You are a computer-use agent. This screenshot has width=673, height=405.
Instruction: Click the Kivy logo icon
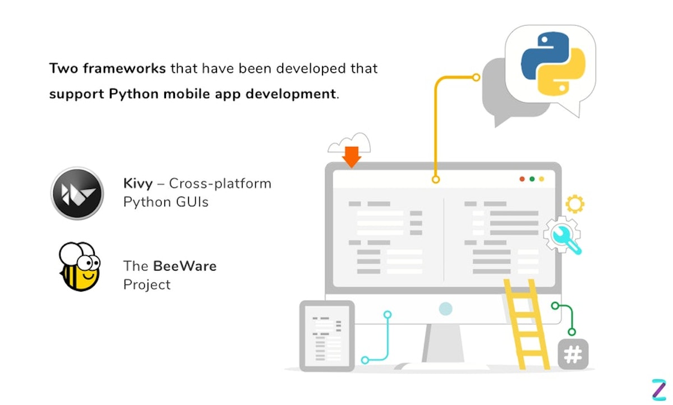click(x=77, y=193)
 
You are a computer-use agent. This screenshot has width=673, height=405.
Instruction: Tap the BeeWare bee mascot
click(x=79, y=267)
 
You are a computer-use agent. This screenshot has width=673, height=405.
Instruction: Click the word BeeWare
click(x=185, y=265)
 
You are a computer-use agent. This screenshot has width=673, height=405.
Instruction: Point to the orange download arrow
click(x=352, y=157)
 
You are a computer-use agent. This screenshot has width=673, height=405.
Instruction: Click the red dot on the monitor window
click(x=522, y=179)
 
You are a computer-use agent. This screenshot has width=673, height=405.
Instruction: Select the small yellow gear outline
click(x=575, y=204)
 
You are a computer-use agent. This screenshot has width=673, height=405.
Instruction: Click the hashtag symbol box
click(x=573, y=355)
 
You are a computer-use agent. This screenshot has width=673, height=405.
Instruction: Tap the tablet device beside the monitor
click(x=326, y=335)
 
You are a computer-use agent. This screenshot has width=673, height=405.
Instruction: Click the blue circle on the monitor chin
click(x=445, y=308)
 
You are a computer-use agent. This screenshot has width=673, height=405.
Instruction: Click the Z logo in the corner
click(x=658, y=389)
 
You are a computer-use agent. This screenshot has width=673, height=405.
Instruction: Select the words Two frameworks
click(x=107, y=68)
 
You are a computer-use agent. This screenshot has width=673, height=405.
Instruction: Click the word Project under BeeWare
click(x=147, y=284)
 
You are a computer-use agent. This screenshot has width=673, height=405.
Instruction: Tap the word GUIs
click(x=190, y=202)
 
